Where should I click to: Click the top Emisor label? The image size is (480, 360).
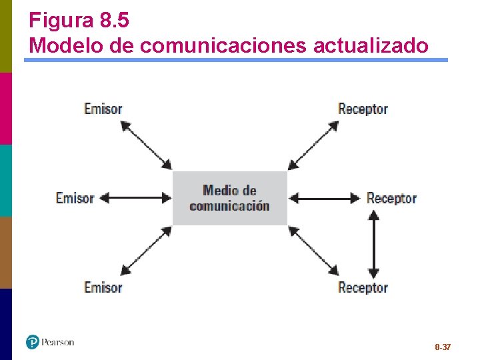(x=103, y=109)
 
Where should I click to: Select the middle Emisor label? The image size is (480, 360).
(x=75, y=198)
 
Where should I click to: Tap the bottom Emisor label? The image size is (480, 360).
(x=103, y=287)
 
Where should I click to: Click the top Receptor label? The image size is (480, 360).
(x=363, y=109)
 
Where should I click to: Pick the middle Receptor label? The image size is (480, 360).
(x=391, y=198)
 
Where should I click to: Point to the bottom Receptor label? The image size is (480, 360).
(x=363, y=287)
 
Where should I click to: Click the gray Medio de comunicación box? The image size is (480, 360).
(x=229, y=198)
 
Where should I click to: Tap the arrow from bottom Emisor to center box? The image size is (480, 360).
(x=147, y=251)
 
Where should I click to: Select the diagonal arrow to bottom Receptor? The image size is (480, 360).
(x=313, y=251)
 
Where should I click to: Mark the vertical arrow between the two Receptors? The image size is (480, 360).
(x=373, y=244)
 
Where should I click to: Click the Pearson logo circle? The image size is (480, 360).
(x=33, y=342)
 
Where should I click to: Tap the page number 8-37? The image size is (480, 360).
(x=443, y=347)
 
